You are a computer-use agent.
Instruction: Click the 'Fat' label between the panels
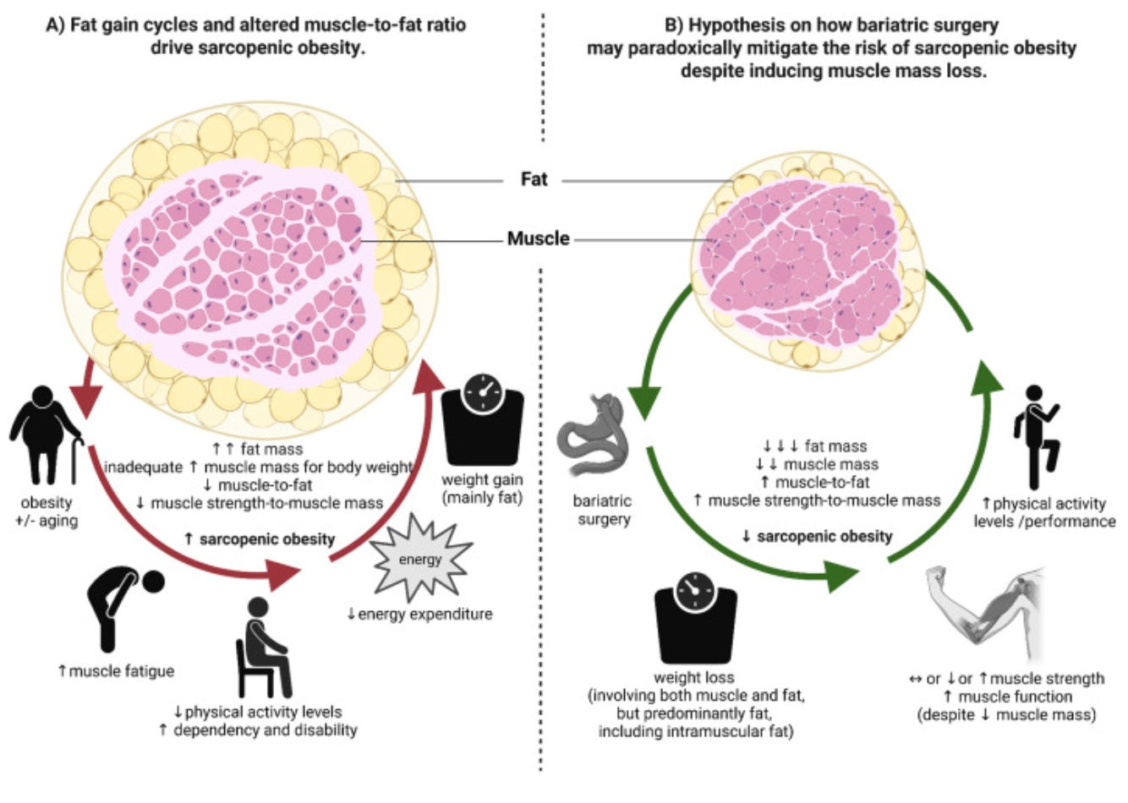pos(534,179)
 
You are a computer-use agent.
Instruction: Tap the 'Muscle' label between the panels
pos(538,239)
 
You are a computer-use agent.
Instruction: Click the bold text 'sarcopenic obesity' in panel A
pos(266,538)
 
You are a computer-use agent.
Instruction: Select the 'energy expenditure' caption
pos(424,614)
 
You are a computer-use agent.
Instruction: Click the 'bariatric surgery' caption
pos(603,510)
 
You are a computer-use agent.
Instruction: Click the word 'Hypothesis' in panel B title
pos(731,25)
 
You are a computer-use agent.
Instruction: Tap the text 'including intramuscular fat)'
pos(695,731)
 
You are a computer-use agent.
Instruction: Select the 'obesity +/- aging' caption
pos(47,511)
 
